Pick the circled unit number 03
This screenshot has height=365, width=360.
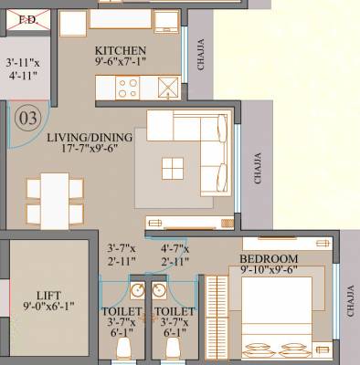pyautogui.click(x=27, y=118)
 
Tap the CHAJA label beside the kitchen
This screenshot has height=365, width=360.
pyautogui.click(x=201, y=55)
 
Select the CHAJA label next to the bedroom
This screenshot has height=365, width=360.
pyautogui.click(x=351, y=299)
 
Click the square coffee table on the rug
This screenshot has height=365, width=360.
pyautogui.click(x=173, y=167)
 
